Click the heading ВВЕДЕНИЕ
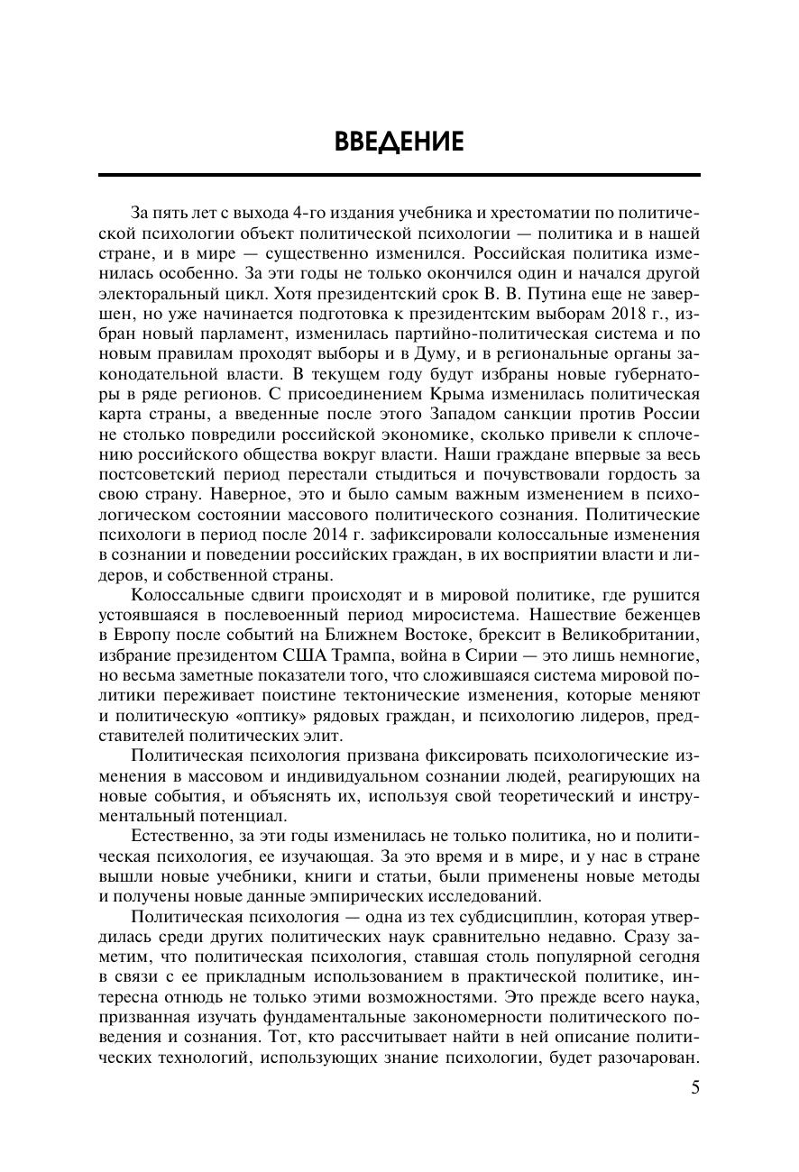coord(399,142)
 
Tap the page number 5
coord(694,1086)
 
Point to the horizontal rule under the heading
coord(399,174)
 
